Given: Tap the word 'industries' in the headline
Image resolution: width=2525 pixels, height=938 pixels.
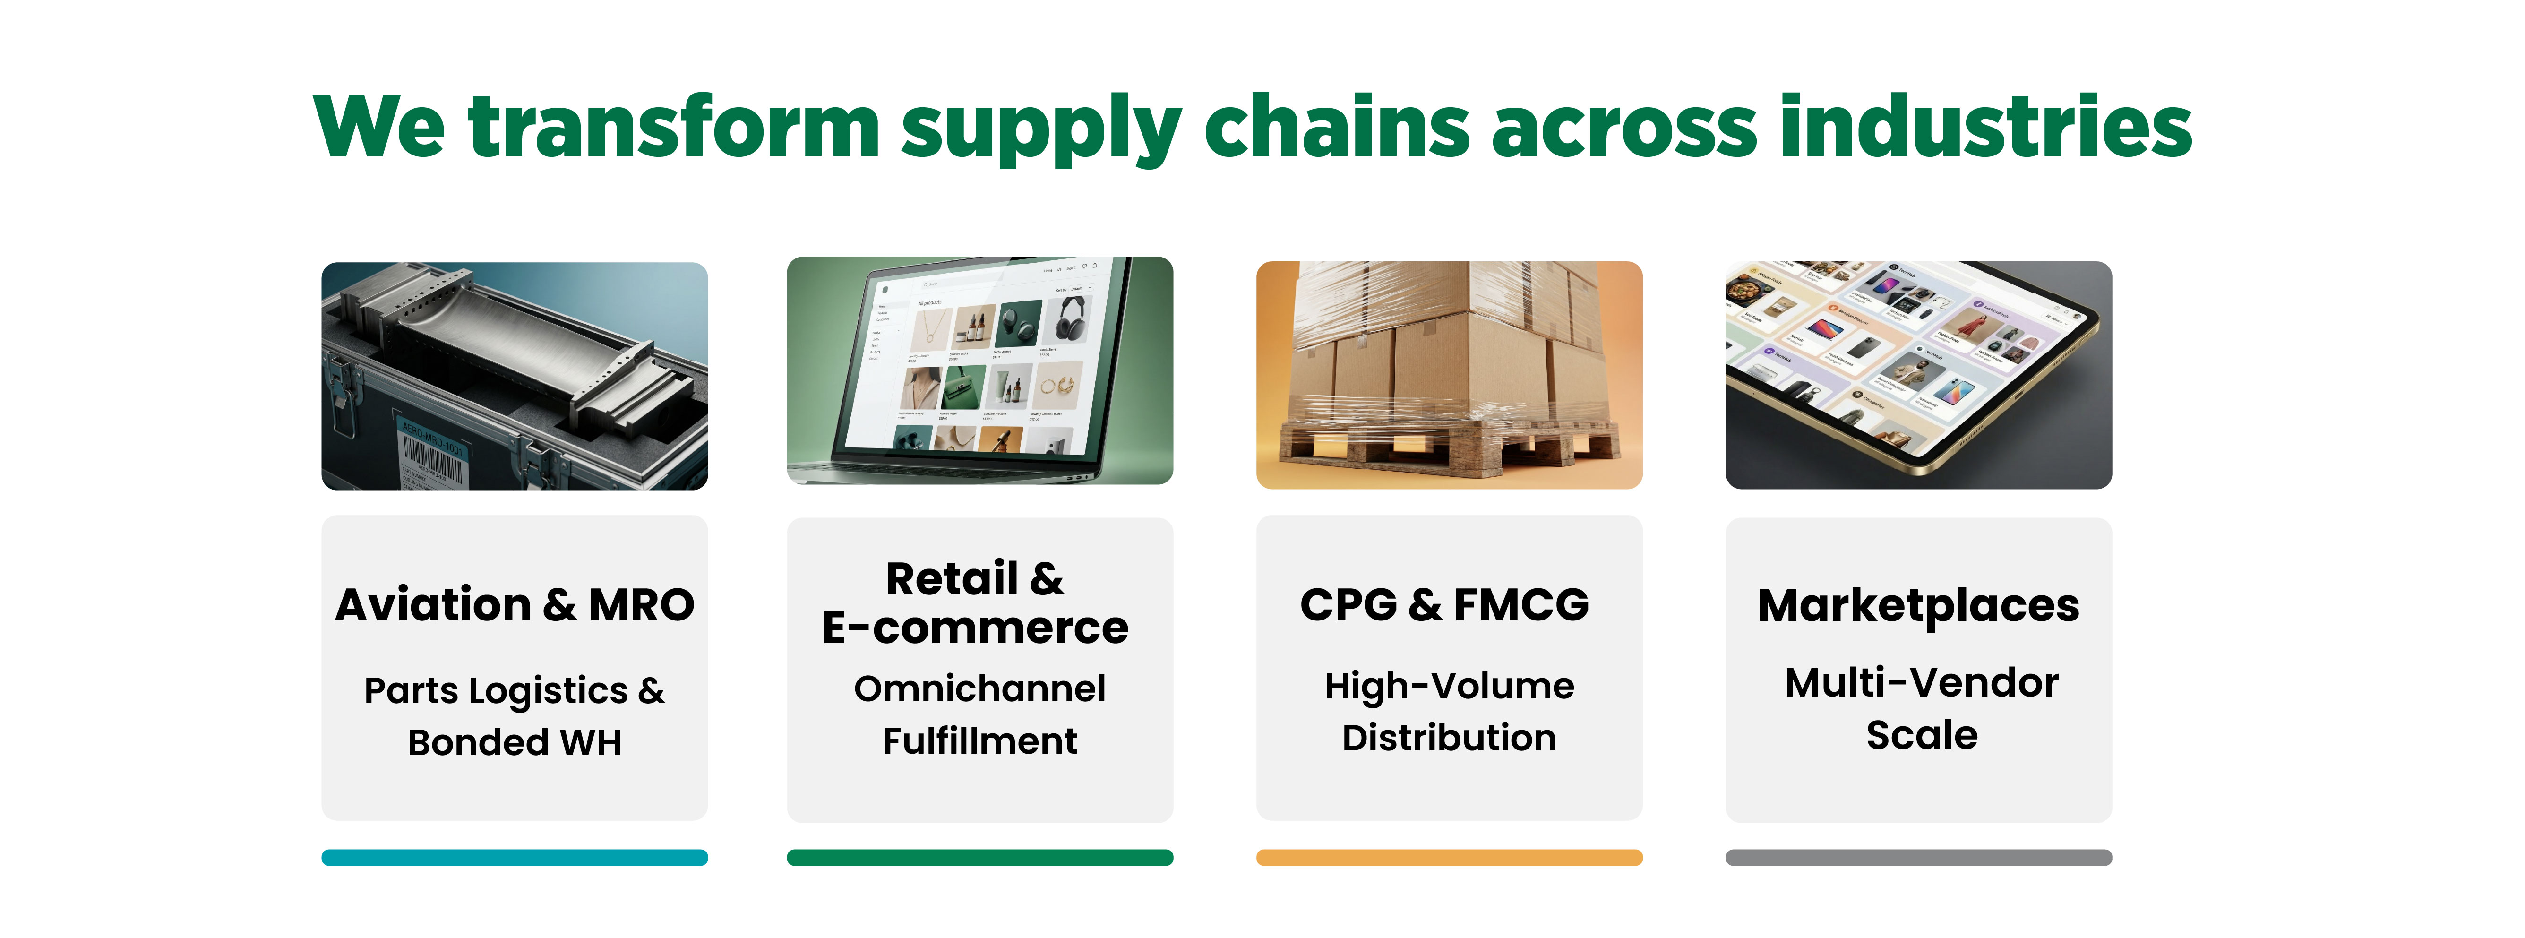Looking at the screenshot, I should [1985, 128].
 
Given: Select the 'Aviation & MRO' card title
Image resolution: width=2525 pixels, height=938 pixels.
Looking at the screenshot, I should [515, 605].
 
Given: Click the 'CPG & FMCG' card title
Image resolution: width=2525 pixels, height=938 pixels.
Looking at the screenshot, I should [1445, 605].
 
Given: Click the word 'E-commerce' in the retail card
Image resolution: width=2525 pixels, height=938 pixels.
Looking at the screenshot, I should [975, 627].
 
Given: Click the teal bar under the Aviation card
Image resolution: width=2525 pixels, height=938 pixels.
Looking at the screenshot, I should [515, 858].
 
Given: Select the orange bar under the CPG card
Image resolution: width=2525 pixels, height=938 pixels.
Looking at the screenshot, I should [1449, 858].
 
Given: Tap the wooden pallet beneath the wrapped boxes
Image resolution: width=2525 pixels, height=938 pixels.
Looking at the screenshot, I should [1451, 446].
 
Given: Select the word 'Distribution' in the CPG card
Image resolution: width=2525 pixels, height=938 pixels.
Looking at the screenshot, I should [1449, 738].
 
